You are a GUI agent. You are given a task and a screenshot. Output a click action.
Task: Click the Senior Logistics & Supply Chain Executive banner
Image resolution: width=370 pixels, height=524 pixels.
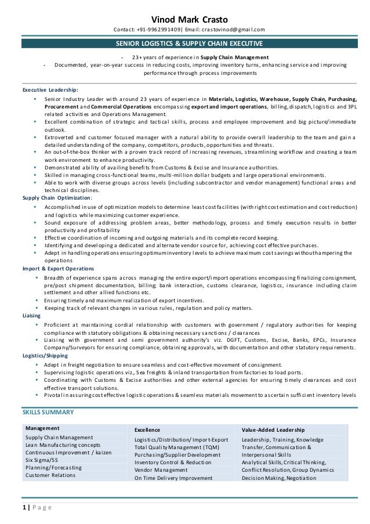click(x=185, y=44)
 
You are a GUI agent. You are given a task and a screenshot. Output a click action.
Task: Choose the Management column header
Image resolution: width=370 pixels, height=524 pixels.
click(x=43, y=428)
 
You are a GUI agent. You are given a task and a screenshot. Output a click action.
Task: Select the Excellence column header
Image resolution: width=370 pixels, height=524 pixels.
click(x=148, y=430)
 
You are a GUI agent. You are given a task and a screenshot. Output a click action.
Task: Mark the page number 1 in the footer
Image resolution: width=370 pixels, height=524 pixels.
click(x=24, y=508)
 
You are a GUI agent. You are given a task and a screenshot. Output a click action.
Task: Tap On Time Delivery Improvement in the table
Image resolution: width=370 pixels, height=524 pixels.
click(x=172, y=479)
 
